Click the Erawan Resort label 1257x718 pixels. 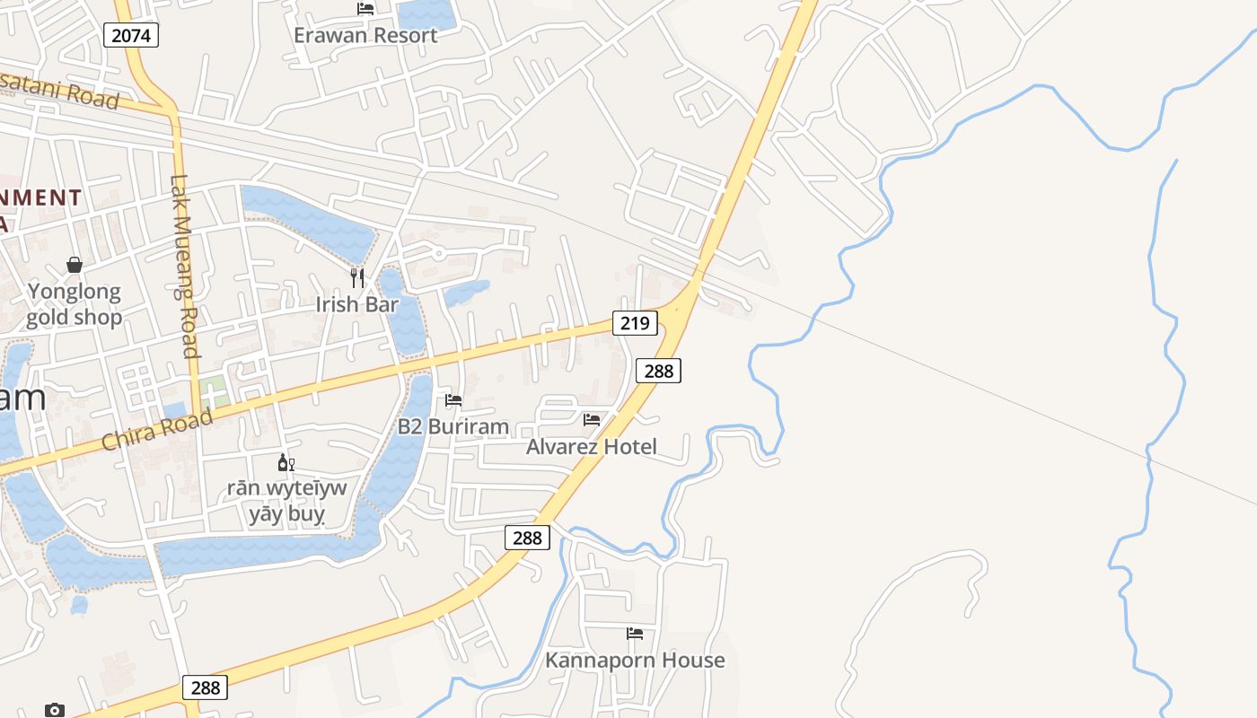click(x=365, y=35)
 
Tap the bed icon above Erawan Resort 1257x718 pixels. click(x=365, y=9)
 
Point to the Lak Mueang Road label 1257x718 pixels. click(x=184, y=267)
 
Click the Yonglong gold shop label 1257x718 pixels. click(x=74, y=304)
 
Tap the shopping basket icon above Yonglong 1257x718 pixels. click(x=75, y=265)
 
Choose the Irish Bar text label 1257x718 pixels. click(x=356, y=304)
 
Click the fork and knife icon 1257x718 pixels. click(x=357, y=277)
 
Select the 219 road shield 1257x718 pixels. click(x=635, y=322)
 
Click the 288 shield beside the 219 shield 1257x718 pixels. click(x=658, y=370)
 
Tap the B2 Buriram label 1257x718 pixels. click(x=453, y=426)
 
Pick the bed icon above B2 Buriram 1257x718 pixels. click(x=453, y=400)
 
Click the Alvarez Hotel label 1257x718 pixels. click(x=592, y=446)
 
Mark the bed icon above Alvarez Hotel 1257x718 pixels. click(x=592, y=419)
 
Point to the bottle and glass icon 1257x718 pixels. click(x=286, y=463)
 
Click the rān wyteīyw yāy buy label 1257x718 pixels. click(x=286, y=501)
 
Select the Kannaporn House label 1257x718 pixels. click(x=635, y=660)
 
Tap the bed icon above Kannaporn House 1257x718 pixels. click(x=635, y=633)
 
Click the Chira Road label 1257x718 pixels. click(x=157, y=430)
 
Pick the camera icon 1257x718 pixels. click(x=55, y=710)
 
